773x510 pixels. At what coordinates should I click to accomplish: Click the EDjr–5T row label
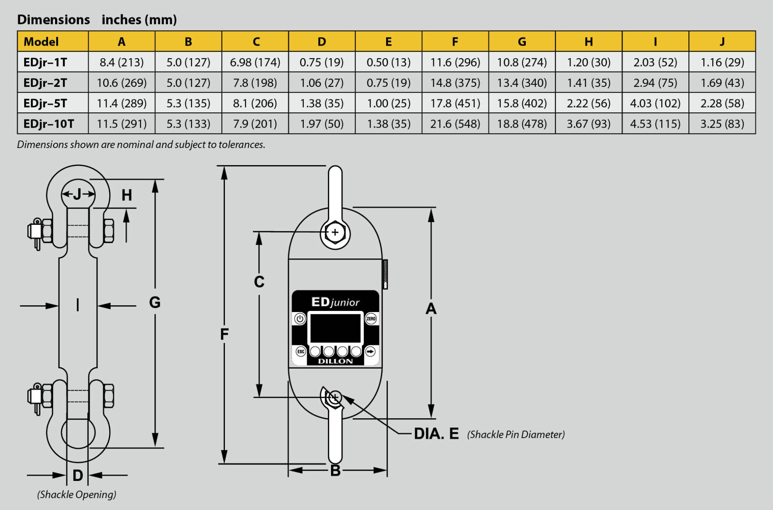click(45, 103)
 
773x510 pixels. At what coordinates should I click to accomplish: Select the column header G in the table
click(522, 42)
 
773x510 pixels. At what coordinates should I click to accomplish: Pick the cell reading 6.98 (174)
click(255, 62)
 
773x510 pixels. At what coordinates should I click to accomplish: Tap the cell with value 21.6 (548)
click(455, 124)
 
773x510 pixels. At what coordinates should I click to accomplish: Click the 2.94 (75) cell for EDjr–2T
click(655, 82)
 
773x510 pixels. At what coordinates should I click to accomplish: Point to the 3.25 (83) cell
click(722, 124)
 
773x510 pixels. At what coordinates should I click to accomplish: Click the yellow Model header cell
click(52, 42)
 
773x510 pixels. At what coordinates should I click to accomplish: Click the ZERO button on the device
click(371, 318)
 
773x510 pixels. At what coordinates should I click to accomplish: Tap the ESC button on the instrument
click(300, 352)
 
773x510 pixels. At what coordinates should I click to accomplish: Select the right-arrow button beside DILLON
click(371, 352)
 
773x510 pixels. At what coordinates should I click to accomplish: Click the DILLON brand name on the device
click(335, 361)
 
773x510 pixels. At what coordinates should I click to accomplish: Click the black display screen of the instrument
click(335, 328)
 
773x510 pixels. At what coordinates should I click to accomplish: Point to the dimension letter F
click(224, 334)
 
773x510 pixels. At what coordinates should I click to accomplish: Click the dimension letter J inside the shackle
click(77, 194)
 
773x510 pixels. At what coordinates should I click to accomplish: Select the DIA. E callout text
click(436, 434)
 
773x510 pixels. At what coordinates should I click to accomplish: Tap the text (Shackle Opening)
click(77, 495)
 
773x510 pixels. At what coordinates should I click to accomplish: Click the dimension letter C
click(259, 282)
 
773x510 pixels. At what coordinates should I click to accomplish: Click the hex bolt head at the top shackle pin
click(335, 232)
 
